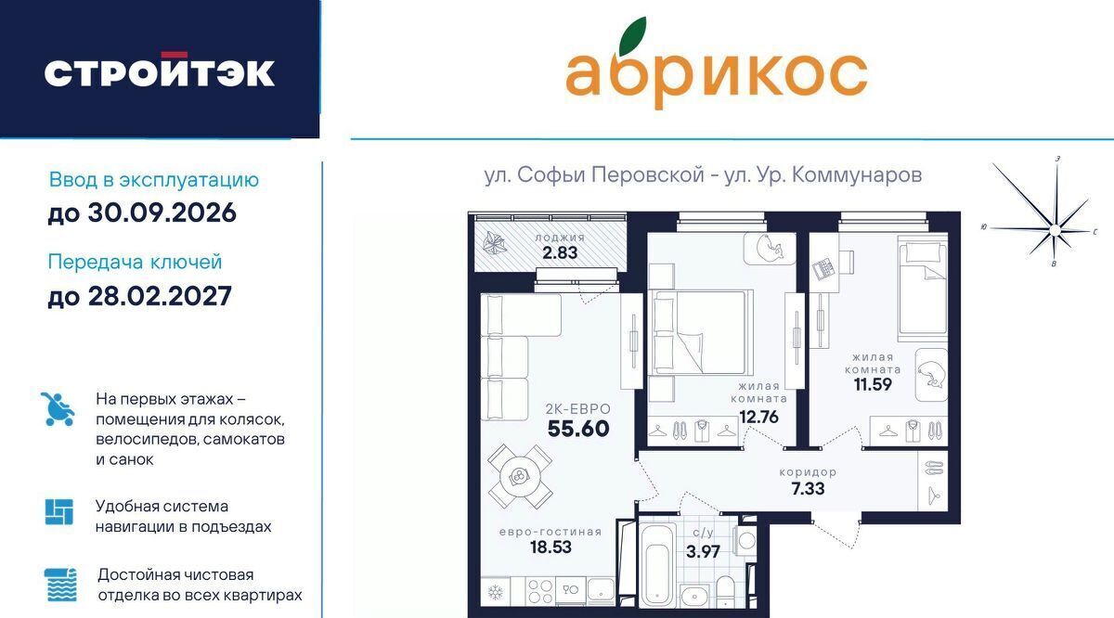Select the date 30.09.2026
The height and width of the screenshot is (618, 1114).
(162, 212)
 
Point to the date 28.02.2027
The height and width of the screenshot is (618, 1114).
(160, 296)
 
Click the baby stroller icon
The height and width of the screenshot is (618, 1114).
(58, 408)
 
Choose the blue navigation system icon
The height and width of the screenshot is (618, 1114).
(58, 511)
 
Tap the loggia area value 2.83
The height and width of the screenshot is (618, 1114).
(560, 252)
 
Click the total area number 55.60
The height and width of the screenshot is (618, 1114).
(578, 429)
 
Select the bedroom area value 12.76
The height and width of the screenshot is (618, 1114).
(759, 417)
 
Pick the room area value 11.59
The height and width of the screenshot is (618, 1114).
(873, 384)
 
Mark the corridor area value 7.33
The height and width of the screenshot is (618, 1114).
(808, 489)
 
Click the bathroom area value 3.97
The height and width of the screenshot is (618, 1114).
(703, 551)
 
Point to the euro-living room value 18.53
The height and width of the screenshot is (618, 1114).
(551, 547)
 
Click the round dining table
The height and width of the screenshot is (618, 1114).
(519, 476)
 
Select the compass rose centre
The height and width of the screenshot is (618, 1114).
(1055, 230)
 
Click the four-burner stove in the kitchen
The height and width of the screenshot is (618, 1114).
(540, 592)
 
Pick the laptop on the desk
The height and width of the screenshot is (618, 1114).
(823, 269)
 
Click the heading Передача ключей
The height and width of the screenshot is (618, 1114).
(135, 262)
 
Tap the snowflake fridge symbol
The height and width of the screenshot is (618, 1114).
(496, 592)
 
